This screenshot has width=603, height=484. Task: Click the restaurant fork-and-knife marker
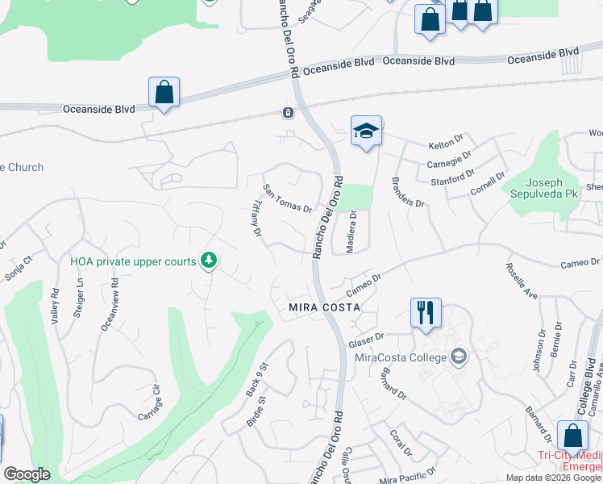[426, 312]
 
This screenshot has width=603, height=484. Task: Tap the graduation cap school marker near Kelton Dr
[366, 131]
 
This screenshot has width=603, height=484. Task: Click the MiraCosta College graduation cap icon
[459, 356]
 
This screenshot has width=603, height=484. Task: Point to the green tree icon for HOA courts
[210, 260]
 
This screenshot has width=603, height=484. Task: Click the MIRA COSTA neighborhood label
[322, 309]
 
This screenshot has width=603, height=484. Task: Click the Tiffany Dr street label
[252, 219]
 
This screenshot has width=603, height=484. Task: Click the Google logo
[27, 474]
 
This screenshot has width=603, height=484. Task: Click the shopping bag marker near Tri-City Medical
[572, 436]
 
